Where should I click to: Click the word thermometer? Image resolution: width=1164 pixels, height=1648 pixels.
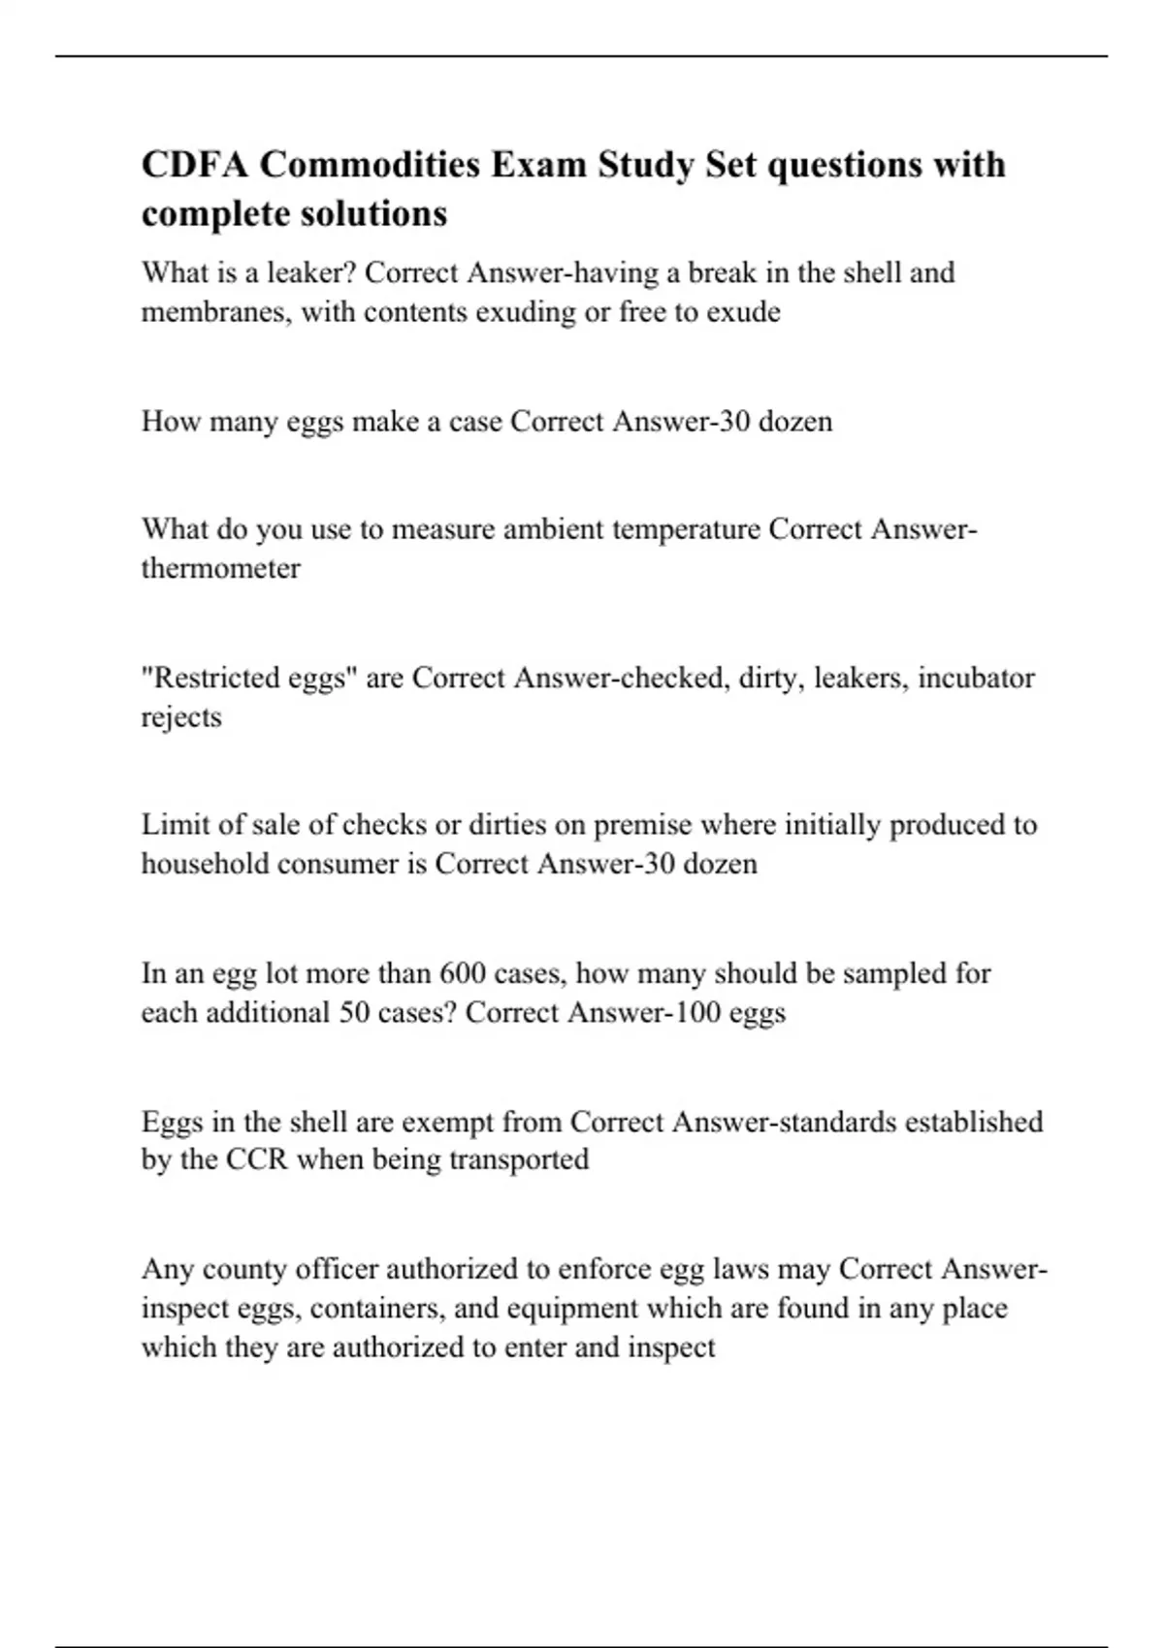point(220,568)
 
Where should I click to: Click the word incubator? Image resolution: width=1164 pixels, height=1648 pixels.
point(976,678)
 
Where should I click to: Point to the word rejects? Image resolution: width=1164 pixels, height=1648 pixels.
point(181,717)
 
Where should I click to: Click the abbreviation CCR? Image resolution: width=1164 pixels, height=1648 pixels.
point(257,1160)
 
